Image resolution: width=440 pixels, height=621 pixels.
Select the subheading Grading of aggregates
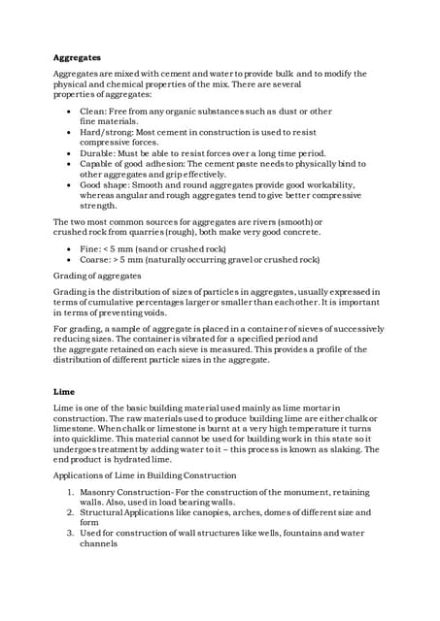click(x=97, y=276)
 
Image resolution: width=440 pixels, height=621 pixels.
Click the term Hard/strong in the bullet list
click(x=106, y=131)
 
